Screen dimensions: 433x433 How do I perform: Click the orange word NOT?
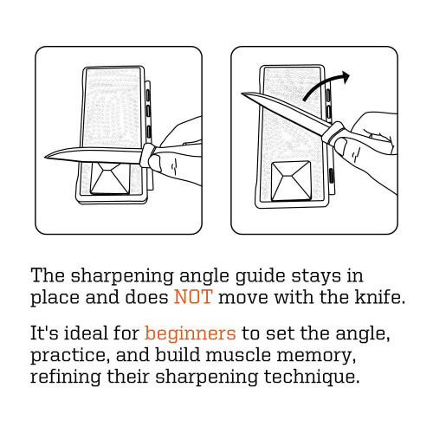[193, 297]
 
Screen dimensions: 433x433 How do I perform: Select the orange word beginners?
[191, 334]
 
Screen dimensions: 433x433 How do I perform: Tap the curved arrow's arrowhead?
[345, 77]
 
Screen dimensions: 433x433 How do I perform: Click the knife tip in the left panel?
[45, 157]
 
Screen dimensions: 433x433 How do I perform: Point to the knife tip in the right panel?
[242, 94]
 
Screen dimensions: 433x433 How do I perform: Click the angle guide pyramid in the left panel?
[110, 178]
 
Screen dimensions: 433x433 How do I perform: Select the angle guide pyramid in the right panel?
[291, 181]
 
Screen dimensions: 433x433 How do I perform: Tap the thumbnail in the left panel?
[157, 162]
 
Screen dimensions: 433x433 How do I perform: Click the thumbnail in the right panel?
[340, 145]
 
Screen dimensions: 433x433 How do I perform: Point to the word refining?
[66, 377]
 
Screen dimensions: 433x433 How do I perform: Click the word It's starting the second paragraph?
[44, 333]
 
